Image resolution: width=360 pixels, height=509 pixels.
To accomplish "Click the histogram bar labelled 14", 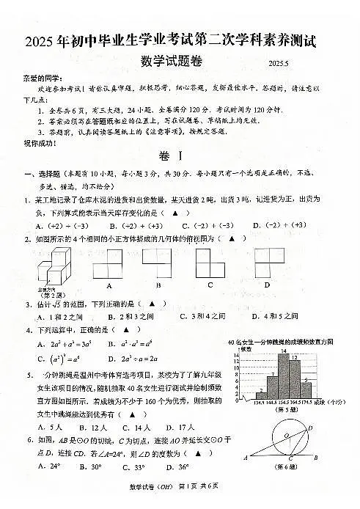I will click(x=282, y=376).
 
